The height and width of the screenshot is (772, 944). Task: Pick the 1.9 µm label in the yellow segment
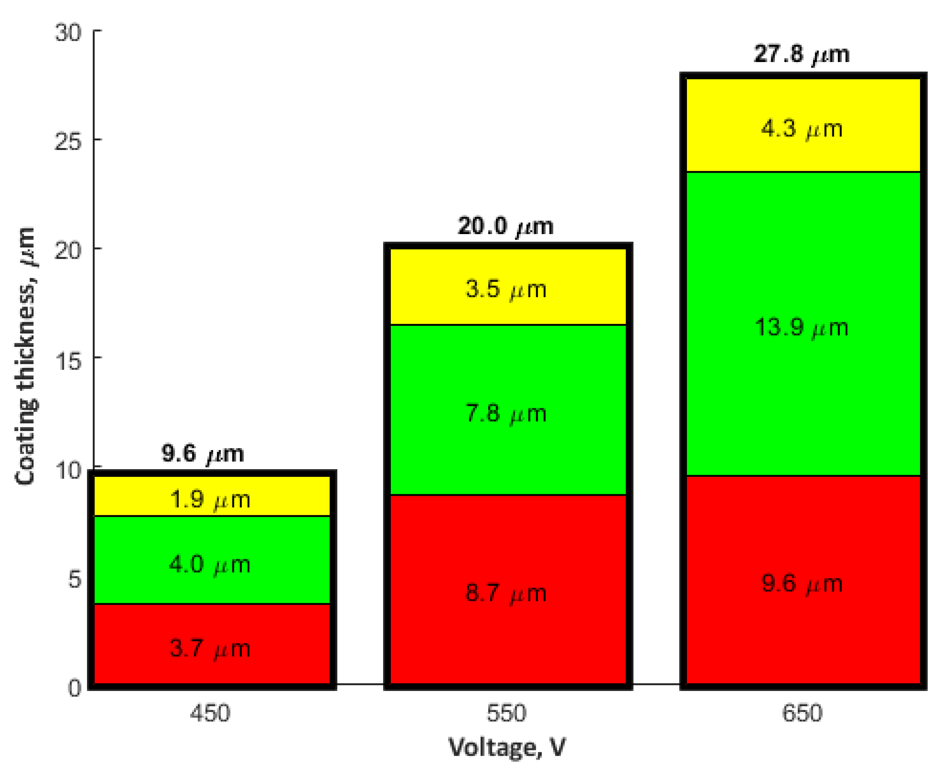(210, 500)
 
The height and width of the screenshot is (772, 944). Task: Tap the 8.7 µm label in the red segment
(506, 594)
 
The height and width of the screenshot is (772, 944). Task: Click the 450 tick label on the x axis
(210, 713)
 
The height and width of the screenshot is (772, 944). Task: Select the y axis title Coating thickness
(25, 356)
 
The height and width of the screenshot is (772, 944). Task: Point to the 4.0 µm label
(210, 565)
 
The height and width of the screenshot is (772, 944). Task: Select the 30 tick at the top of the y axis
(68, 32)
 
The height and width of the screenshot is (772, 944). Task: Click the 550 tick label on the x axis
(506, 713)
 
